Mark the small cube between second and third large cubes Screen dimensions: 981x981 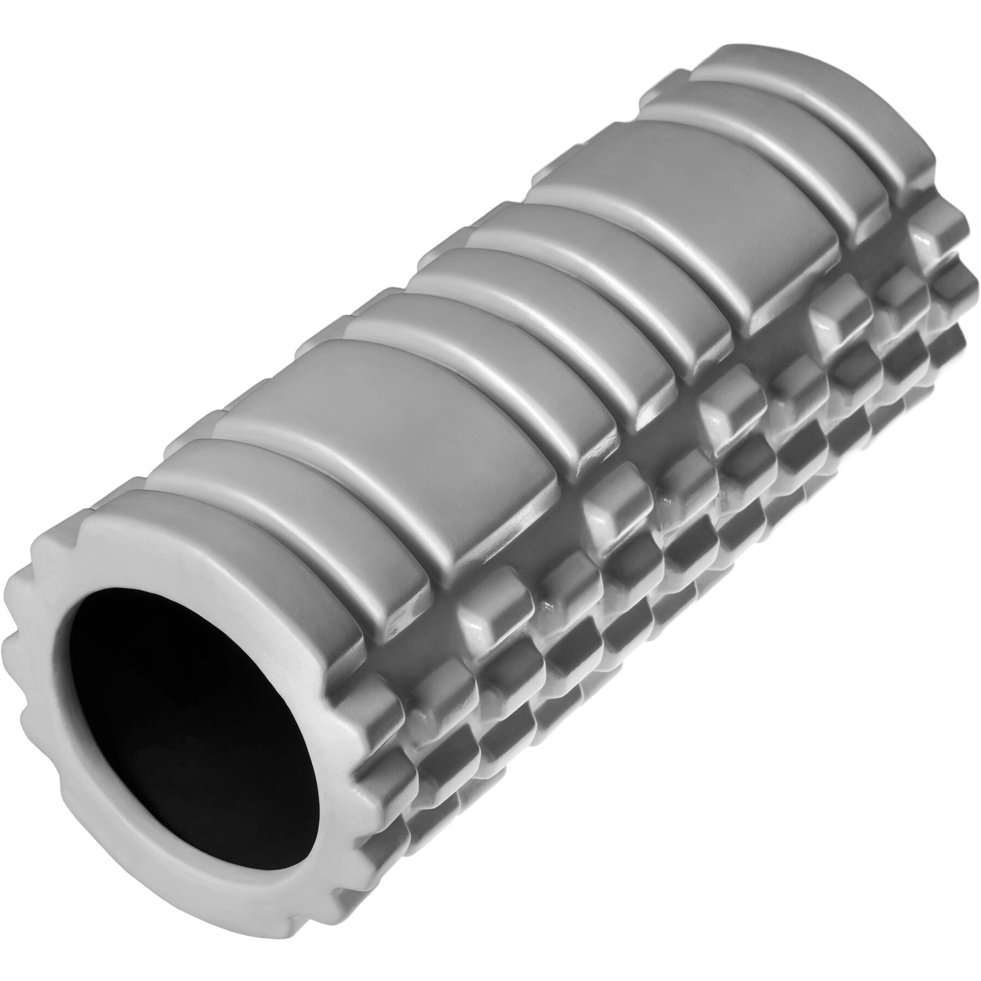point(676,463)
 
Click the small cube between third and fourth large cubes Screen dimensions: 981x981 point(790,376)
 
